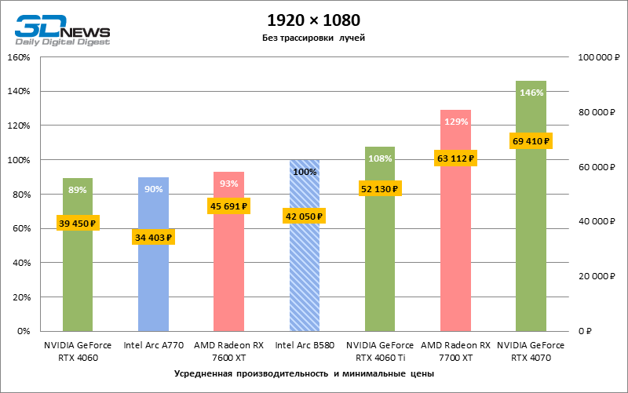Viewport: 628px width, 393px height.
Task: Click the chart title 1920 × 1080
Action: pos(313,19)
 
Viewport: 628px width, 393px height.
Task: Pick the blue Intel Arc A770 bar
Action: pos(153,282)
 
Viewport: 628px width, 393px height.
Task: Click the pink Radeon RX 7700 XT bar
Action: pos(455,251)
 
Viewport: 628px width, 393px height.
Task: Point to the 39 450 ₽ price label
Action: pos(77,223)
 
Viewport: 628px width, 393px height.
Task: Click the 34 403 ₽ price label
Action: pos(153,237)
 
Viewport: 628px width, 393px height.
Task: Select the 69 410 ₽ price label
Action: pos(531,140)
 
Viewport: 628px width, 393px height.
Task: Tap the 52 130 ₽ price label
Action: pos(380,188)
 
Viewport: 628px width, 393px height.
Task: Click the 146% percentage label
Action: pos(531,93)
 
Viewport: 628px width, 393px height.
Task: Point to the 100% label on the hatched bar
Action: pos(305,172)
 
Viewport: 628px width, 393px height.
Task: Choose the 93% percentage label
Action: pos(229,184)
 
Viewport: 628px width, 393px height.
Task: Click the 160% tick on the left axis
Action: pos(18,57)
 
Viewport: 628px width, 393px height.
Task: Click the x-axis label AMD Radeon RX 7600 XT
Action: pos(229,351)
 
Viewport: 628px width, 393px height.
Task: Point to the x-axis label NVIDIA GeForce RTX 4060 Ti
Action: pos(380,351)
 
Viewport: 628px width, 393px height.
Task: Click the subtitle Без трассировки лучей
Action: pos(313,38)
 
